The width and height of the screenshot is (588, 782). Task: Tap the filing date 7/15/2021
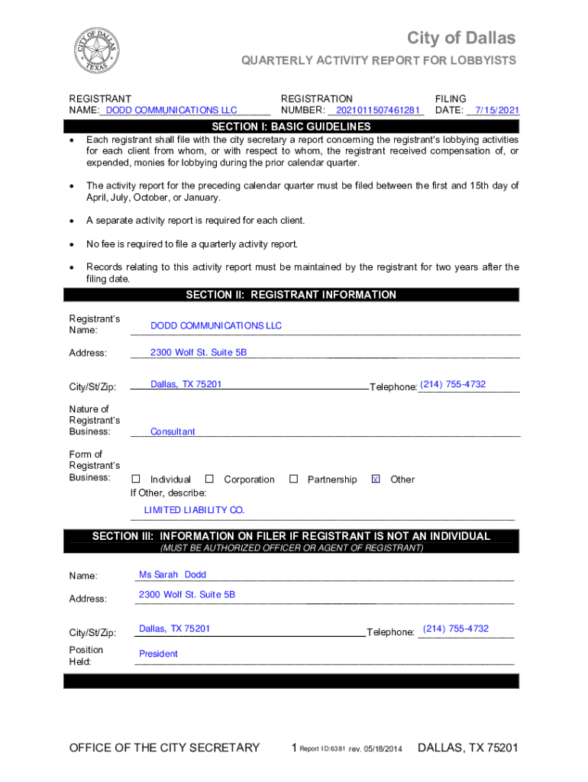tap(496, 110)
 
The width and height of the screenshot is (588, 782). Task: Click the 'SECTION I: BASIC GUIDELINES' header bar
tap(291, 126)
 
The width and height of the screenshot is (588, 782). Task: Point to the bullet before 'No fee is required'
tap(72, 244)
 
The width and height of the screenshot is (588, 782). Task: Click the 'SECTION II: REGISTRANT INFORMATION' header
tap(291, 295)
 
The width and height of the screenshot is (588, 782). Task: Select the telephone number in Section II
tap(453, 384)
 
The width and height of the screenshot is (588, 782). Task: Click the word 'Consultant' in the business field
tap(173, 431)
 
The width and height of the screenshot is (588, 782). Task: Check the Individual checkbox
tap(136, 480)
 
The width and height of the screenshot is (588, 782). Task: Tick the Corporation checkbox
tap(209, 480)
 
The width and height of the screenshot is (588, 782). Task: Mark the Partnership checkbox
tap(293, 480)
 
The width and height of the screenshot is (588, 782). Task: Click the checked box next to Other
tap(375, 480)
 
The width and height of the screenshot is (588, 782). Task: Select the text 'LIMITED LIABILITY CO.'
tap(194, 510)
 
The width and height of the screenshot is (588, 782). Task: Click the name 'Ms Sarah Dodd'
tap(173, 574)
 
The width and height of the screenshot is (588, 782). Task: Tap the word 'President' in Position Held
tap(158, 654)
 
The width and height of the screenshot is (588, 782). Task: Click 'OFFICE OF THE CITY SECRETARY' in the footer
tap(164, 748)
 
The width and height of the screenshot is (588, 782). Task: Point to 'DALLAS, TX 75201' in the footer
tap(468, 748)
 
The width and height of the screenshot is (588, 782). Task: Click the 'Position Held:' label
tap(86, 655)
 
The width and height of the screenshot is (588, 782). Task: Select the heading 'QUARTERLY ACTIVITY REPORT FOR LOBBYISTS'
tap(379, 60)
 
